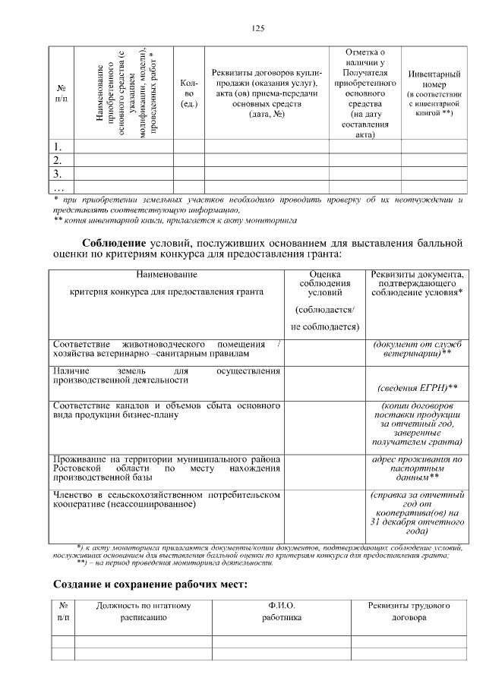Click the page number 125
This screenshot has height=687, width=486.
(257, 28)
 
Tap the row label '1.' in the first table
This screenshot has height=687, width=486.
(58, 147)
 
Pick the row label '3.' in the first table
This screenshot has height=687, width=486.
(58, 174)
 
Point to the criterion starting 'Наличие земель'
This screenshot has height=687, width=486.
(166, 374)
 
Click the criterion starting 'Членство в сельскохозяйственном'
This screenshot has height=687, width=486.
(166, 499)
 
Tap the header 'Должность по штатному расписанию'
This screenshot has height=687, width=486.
(143, 612)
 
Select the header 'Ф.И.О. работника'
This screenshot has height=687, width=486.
(281, 612)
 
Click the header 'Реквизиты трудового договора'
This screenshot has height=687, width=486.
(409, 612)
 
